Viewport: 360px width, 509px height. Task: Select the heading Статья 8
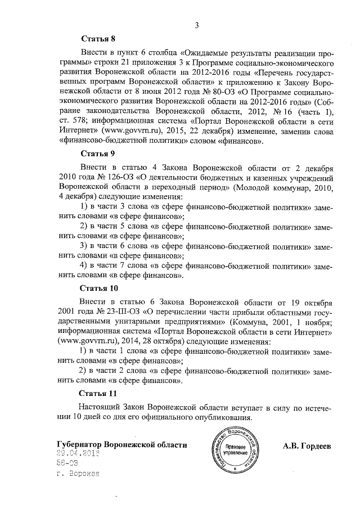98,39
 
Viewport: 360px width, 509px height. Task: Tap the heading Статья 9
98,153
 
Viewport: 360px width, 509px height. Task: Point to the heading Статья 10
100,288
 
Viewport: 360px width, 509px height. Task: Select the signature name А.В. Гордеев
307,446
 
